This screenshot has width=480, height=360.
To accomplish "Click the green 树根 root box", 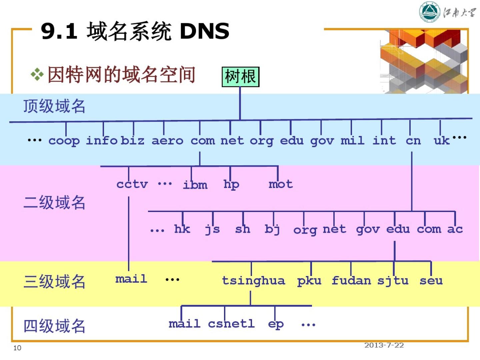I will tap(240, 77).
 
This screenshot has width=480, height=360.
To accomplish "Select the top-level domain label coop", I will tap(64, 141).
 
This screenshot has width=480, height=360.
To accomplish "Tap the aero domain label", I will tap(167, 141).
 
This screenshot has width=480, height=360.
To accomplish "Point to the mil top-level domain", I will tap(352, 140).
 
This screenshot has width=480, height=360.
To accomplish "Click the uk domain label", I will tap(441, 140).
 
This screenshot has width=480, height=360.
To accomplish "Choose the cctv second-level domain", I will tap(132, 184).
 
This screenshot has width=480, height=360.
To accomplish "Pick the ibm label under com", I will tap(195, 184).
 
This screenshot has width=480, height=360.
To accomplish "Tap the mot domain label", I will tap(281, 184).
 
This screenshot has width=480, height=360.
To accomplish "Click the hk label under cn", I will tap(182, 229).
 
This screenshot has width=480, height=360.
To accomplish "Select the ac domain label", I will tap(455, 229).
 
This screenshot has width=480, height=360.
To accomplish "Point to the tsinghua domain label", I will tap(253, 281).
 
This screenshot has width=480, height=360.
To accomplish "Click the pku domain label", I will tap(309, 281).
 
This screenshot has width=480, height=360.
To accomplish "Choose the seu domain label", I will tap(431, 281).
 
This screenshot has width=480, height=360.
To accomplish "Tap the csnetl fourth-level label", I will tap(231, 323).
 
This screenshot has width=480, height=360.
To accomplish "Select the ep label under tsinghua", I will tap(276, 324).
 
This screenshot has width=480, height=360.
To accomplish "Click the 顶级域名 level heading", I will tap(54, 106).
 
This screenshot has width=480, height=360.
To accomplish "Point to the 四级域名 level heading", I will tap(54, 326).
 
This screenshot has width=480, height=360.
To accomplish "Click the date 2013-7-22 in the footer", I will tap(384, 345).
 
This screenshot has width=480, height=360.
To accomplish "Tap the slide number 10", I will tap(17, 348).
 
